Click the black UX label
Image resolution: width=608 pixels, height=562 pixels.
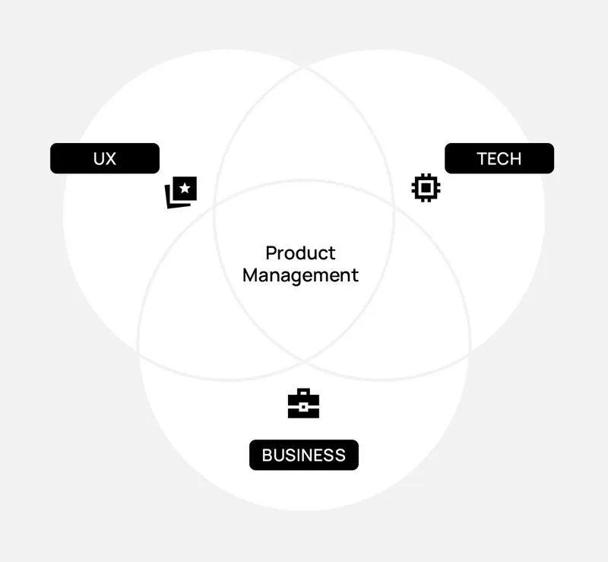(x=105, y=158)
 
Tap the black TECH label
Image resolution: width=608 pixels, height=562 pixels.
(x=499, y=158)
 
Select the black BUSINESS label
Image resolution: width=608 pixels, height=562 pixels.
(x=303, y=455)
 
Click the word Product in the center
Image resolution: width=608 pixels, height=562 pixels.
(x=300, y=253)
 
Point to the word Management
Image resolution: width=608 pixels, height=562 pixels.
(x=300, y=275)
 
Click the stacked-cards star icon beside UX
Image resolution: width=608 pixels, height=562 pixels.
(x=181, y=192)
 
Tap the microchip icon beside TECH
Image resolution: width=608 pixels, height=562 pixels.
(x=426, y=188)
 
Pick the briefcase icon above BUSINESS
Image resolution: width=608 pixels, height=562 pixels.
(x=303, y=405)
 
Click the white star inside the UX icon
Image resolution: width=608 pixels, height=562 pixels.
(x=185, y=188)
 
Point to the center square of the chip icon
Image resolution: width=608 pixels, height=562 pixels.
(x=426, y=188)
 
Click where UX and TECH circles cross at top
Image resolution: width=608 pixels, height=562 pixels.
(x=304, y=68)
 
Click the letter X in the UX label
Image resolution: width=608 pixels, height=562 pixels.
(x=111, y=158)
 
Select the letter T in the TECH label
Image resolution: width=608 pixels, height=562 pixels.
(x=482, y=158)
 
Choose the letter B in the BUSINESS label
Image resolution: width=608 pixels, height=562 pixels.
(x=268, y=455)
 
